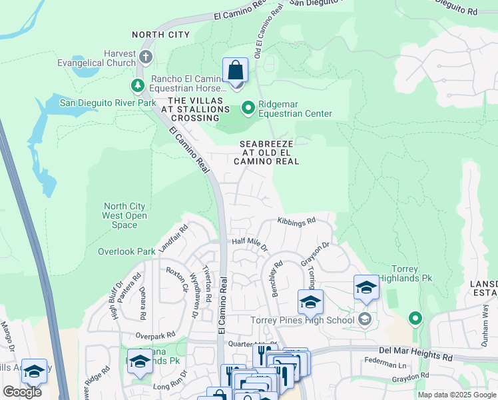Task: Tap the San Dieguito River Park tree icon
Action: pos(138,85)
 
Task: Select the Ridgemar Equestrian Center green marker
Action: pos(248,107)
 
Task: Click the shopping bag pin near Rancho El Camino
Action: pos(235,71)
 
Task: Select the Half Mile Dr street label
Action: pos(249,244)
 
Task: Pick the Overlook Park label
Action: pos(126,251)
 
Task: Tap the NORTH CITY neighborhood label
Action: pos(160,35)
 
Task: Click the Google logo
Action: pos(22,391)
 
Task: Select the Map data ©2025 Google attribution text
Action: pos(456,395)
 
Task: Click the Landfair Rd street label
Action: pos(173,238)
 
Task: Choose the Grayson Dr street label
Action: pos(315,254)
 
